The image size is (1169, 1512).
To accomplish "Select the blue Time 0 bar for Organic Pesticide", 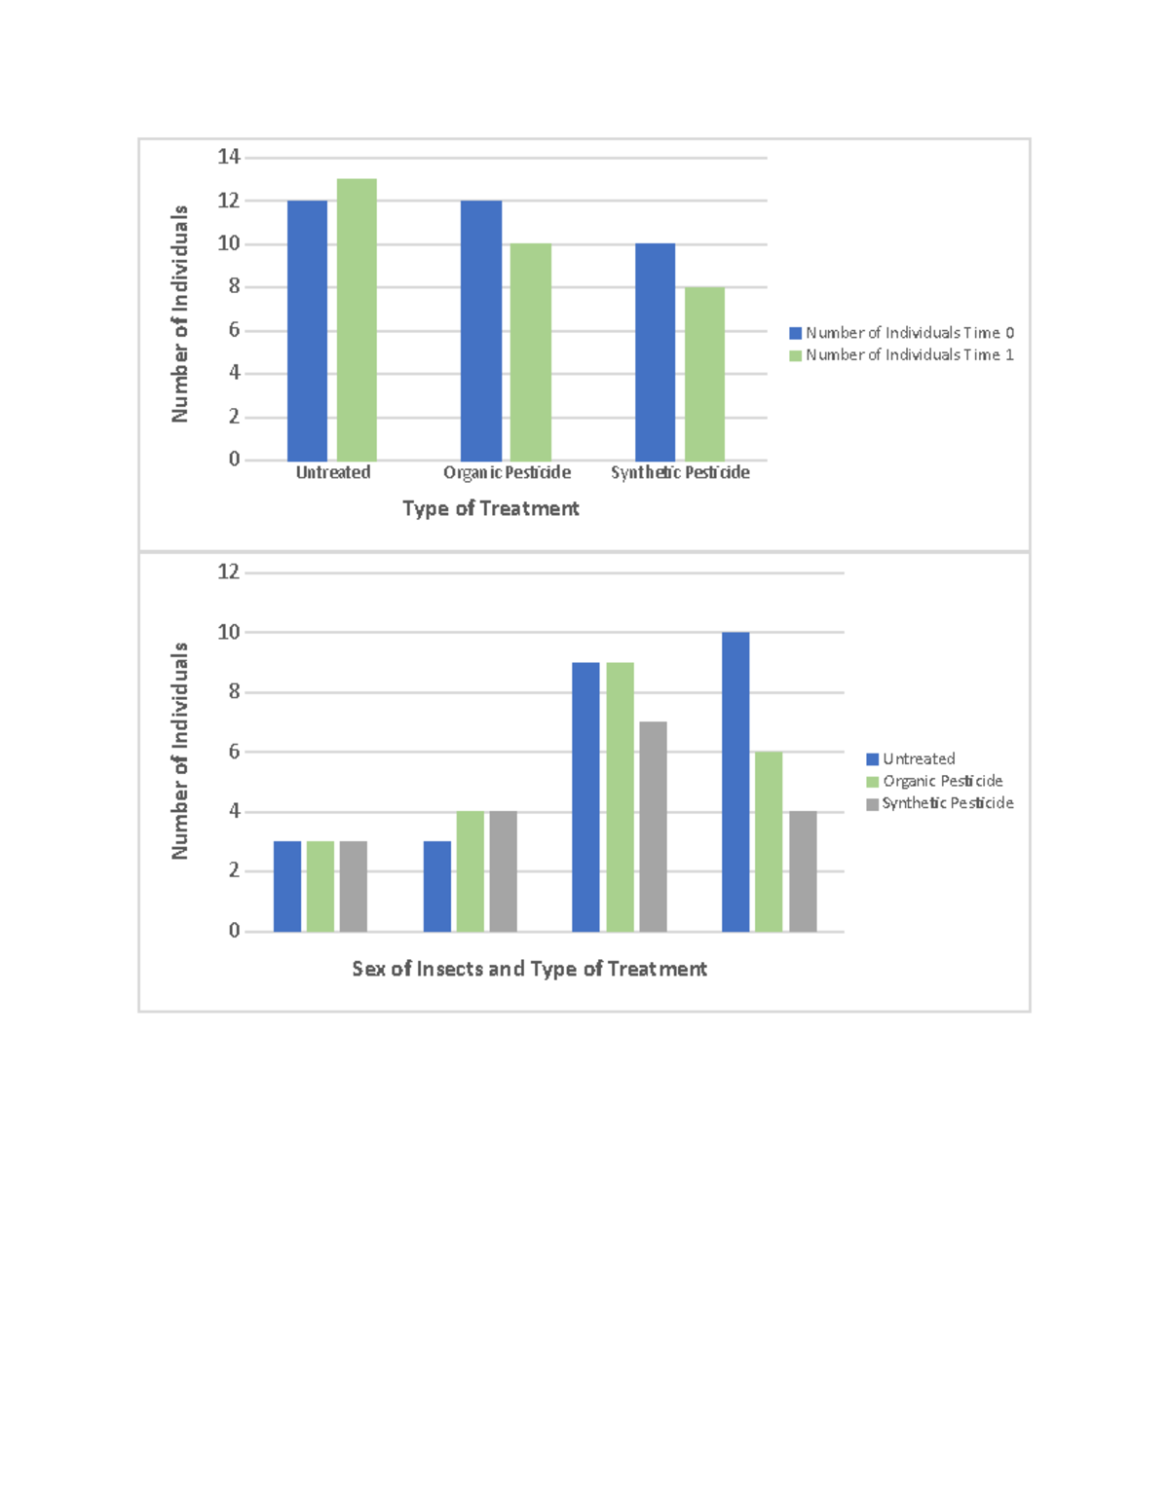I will pyautogui.click(x=481, y=331).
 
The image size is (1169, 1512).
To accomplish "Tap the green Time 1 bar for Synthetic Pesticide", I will pyautogui.click(x=704, y=374).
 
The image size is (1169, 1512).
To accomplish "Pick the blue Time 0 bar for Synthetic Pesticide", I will pyautogui.click(x=655, y=352).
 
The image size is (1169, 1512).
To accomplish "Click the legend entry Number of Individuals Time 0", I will pyautogui.click(x=902, y=333).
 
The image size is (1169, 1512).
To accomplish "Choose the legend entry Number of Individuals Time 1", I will pyautogui.click(x=902, y=355).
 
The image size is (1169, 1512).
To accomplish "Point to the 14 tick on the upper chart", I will pyautogui.click(x=229, y=157).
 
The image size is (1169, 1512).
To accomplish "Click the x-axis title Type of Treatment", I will pyautogui.click(x=491, y=508).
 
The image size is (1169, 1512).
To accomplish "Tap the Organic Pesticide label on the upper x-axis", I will pyautogui.click(x=507, y=472).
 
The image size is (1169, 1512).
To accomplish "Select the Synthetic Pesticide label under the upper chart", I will pyautogui.click(x=680, y=472).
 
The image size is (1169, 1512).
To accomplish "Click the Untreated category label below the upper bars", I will pyautogui.click(x=333, y=472).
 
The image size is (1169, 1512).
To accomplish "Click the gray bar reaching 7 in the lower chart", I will pyautogui.click(x=653, y=827).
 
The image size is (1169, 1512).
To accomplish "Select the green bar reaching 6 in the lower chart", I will pyautogui.click(x=769, y=842).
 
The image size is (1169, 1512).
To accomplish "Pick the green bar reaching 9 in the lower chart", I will pyautogui.click(x=620, y=797).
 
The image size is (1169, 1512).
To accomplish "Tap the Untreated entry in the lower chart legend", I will pyautogui.click(x=911, y=758).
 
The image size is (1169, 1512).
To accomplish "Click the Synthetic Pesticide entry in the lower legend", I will pyautogui.click(x=940, y=803).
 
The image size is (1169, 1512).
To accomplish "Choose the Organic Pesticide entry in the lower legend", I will pyautogui.click(x=935, y=781).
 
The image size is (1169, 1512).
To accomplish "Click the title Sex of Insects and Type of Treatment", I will pyautogui.click(x=529, y=969).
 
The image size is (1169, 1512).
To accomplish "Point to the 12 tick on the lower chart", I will pyautogui.click(x=229, y=572).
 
